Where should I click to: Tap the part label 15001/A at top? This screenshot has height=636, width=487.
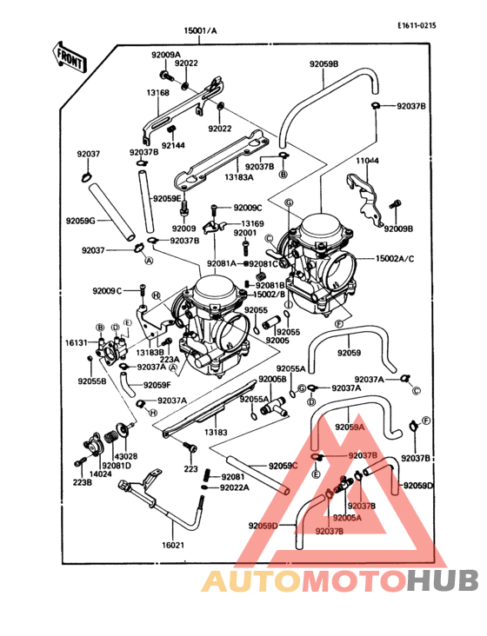coord(200,30)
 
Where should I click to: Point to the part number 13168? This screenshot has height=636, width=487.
coord(157,92)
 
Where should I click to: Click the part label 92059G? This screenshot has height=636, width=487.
coord(80,221)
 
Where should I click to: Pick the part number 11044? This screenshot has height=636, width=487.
coord(368,161)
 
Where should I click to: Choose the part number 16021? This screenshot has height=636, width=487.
coord(174,545)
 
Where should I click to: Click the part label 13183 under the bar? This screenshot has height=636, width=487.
coord(216,430)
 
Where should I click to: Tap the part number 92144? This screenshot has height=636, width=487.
coord(173,144)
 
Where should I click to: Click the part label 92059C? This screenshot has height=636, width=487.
coord(283,467)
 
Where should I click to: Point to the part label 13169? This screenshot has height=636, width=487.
coord(252,224)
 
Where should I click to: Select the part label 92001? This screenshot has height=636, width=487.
coord(244,233)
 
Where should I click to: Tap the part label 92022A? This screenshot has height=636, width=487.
coord(234,487)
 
